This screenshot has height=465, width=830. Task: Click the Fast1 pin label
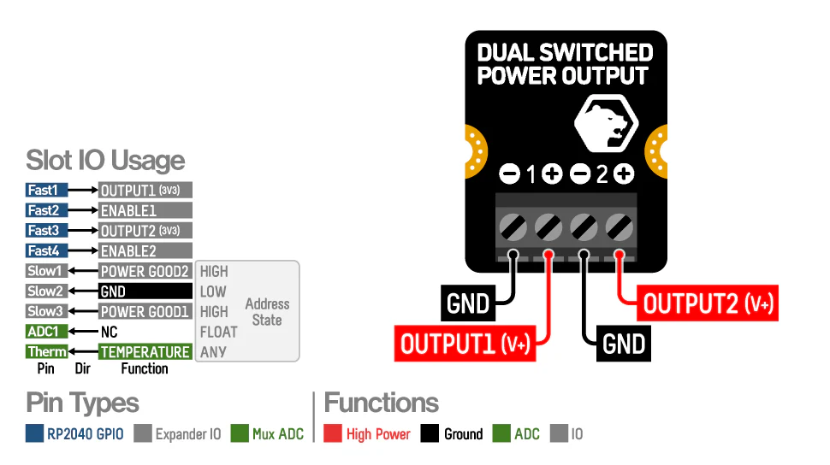(46, 190)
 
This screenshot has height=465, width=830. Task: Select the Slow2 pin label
(46, 291)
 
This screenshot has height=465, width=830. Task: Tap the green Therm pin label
(46, 351)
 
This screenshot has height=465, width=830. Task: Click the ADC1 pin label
(46, 332)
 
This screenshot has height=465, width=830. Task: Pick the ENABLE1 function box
(145, 210)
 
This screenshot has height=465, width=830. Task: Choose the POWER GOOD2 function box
(145, 271)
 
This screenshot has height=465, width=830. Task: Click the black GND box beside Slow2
(145, 291)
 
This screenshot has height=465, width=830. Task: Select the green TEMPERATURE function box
(145, 351)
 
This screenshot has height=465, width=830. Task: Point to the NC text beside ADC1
(109, 332)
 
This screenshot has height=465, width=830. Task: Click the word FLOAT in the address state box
(218, 332)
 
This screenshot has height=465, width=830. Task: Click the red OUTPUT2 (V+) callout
(709, 303)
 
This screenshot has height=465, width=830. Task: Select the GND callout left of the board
(469, 303)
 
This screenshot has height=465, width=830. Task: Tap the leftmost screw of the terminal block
(513, 227)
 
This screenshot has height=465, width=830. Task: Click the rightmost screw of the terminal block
(619, 227)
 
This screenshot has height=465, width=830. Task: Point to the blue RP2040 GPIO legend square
(34, 434)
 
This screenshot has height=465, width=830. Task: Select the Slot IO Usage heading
(105, 160)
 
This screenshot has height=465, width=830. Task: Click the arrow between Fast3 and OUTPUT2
(83, 231)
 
